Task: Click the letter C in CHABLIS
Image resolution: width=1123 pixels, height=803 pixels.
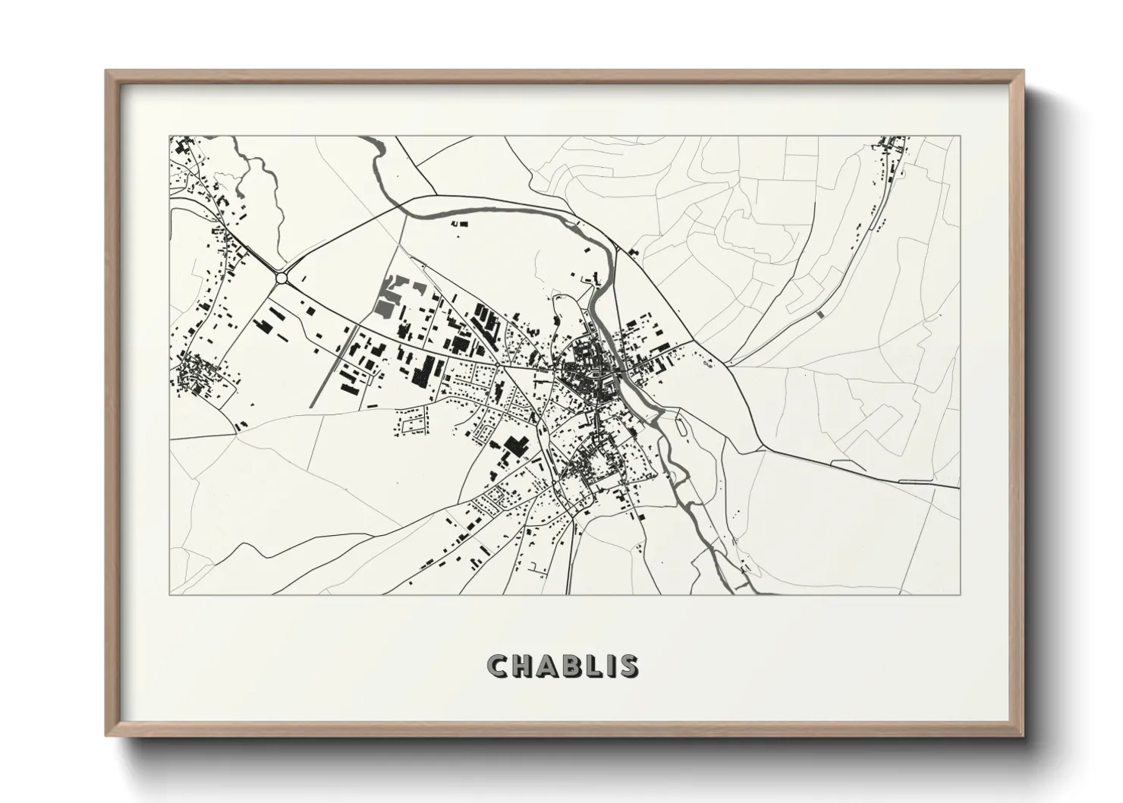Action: click(497, 666)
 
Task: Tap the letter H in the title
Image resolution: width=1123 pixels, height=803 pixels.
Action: click(523, 666)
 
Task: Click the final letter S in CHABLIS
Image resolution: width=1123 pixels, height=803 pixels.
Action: click(628, 666)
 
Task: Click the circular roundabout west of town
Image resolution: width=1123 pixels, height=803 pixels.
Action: click(282, 279)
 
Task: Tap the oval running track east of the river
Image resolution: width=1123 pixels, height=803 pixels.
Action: click(685, 430)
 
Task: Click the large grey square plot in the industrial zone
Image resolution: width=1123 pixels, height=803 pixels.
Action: click(385, 307)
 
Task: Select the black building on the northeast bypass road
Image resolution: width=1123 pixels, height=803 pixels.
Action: click(632, 250)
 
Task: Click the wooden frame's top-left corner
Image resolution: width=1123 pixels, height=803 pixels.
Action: click(107, 71)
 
